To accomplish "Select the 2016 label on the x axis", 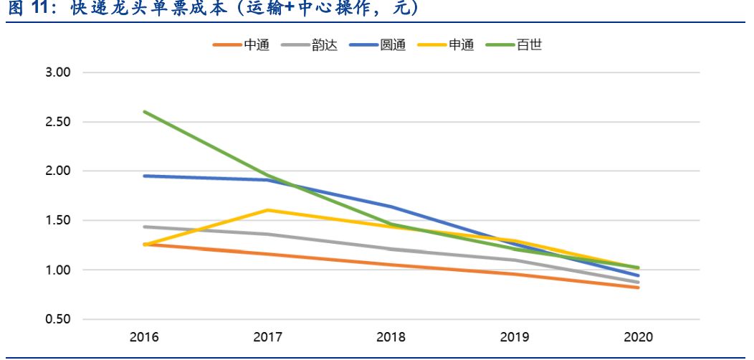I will [144, 337].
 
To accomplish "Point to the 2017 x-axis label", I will [267, 337].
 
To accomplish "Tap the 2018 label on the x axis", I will [391, 337].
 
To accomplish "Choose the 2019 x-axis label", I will [514, 337].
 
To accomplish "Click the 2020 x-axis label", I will [637, 337].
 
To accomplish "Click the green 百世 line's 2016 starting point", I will [144, 112].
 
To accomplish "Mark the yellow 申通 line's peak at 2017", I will [267, 210].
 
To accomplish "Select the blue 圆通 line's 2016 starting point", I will [144, 176].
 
